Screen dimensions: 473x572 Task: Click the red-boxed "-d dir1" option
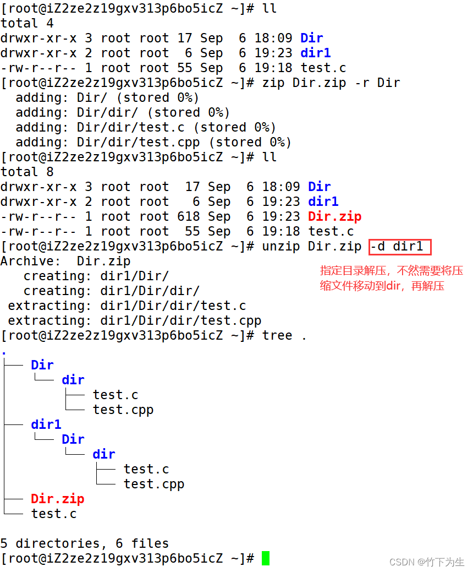(400, 246)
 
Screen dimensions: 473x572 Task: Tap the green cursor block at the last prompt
(266, 558)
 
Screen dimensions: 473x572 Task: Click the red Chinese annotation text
(391, 278)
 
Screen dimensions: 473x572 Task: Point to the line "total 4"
(19, 23)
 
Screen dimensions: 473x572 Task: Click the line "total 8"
(19, 172)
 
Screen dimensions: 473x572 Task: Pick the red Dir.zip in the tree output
(57, 499)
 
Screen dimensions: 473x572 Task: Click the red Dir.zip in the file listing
(334, 216)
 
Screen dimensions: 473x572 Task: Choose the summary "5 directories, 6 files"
(85, 543)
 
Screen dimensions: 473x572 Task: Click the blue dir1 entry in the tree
(46, 424)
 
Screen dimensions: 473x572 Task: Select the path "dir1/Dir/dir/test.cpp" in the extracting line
(180, 320)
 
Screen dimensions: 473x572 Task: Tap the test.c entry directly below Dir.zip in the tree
(54, 514)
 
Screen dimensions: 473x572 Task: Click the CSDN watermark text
(427, 562)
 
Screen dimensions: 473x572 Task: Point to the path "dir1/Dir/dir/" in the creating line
(150, 291)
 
